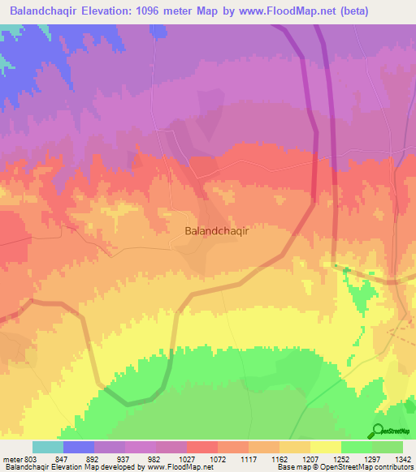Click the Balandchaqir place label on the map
217,230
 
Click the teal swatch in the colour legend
48,447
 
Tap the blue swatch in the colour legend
79,447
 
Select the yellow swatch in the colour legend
325,447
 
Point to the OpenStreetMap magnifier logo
379,430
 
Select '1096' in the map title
149,11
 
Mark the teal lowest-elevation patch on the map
6,57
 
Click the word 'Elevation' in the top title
106,11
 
